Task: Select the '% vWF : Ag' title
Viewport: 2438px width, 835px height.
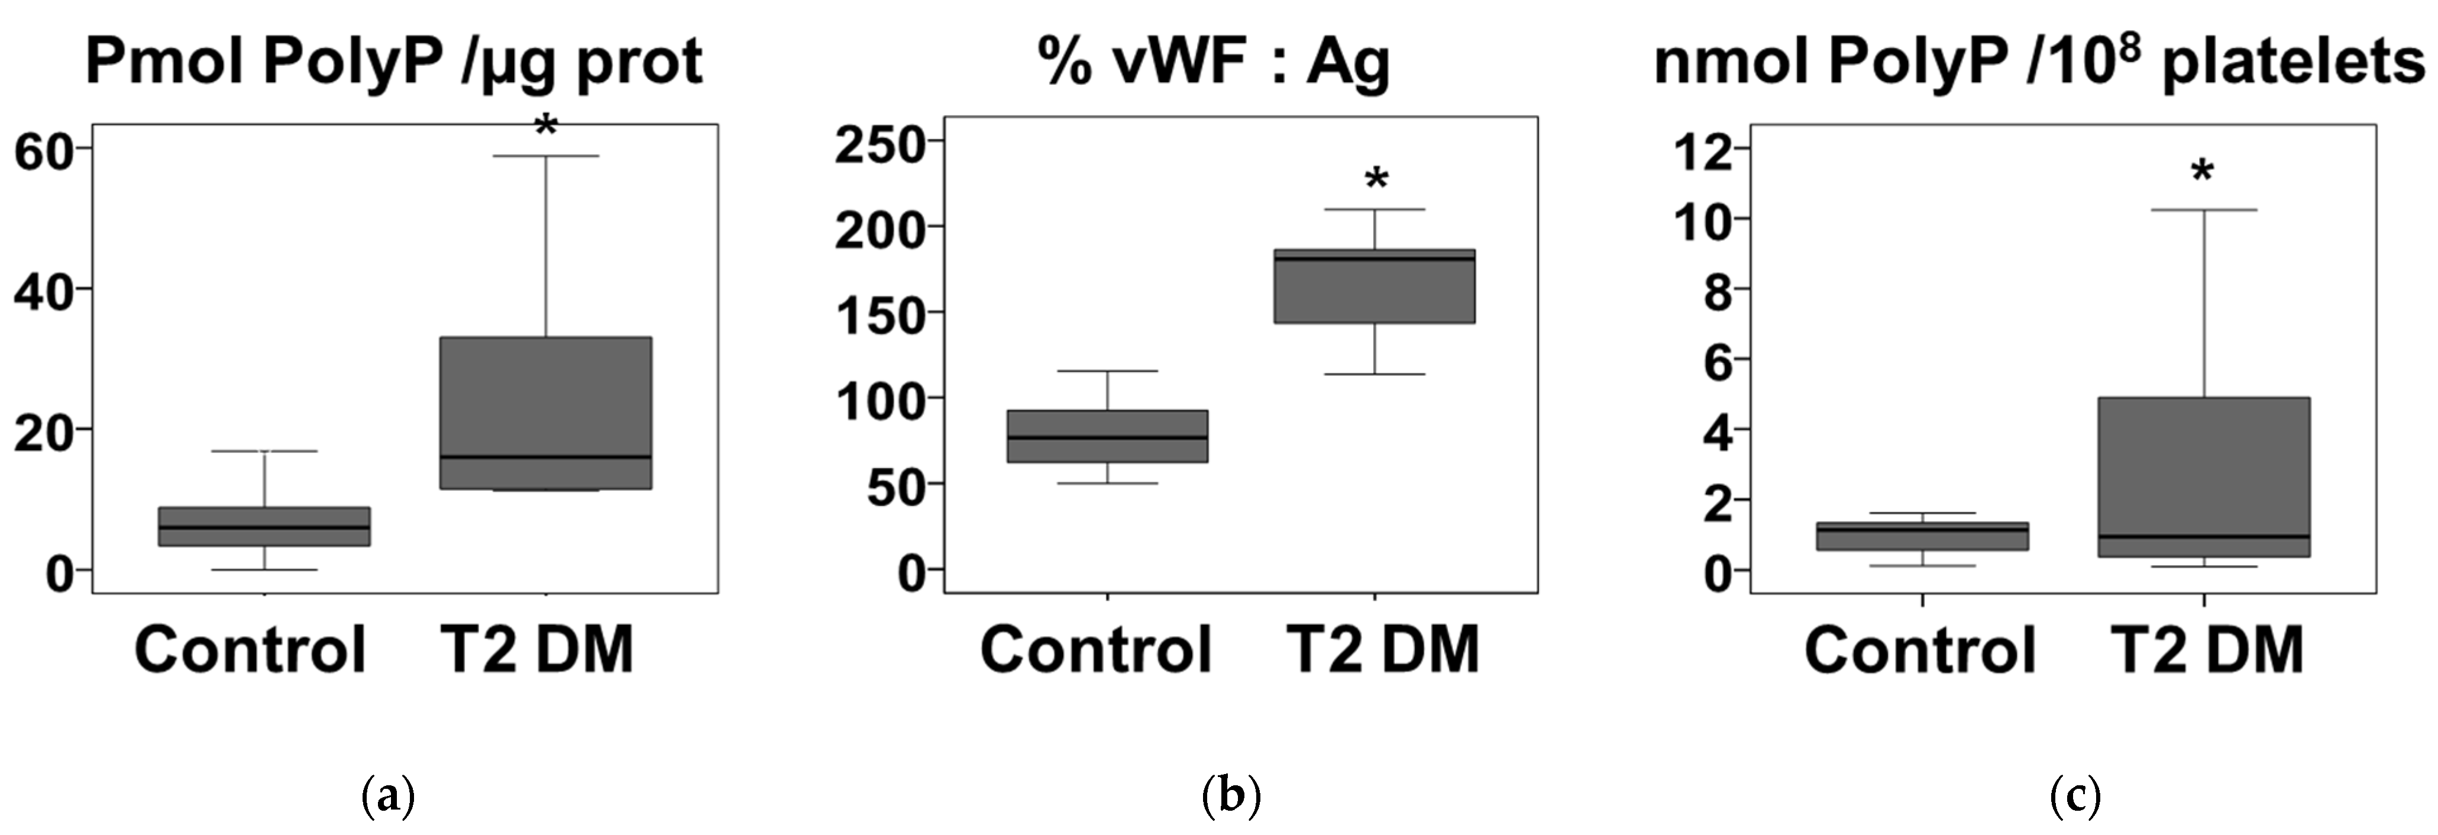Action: coord(1214,63)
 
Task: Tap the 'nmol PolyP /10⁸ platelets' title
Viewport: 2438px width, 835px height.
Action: coord(2039,63)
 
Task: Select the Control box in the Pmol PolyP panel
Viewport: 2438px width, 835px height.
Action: coord(264,526)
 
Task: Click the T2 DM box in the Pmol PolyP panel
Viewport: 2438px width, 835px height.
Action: coord(546,413)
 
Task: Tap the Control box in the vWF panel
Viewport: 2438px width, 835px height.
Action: coord(1107,436)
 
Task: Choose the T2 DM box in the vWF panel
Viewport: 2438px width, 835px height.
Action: coord(1374,286)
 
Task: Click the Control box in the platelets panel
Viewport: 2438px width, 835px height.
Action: coord(1922,536)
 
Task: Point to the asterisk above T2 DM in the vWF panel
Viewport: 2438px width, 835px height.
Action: coord(1375,179)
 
